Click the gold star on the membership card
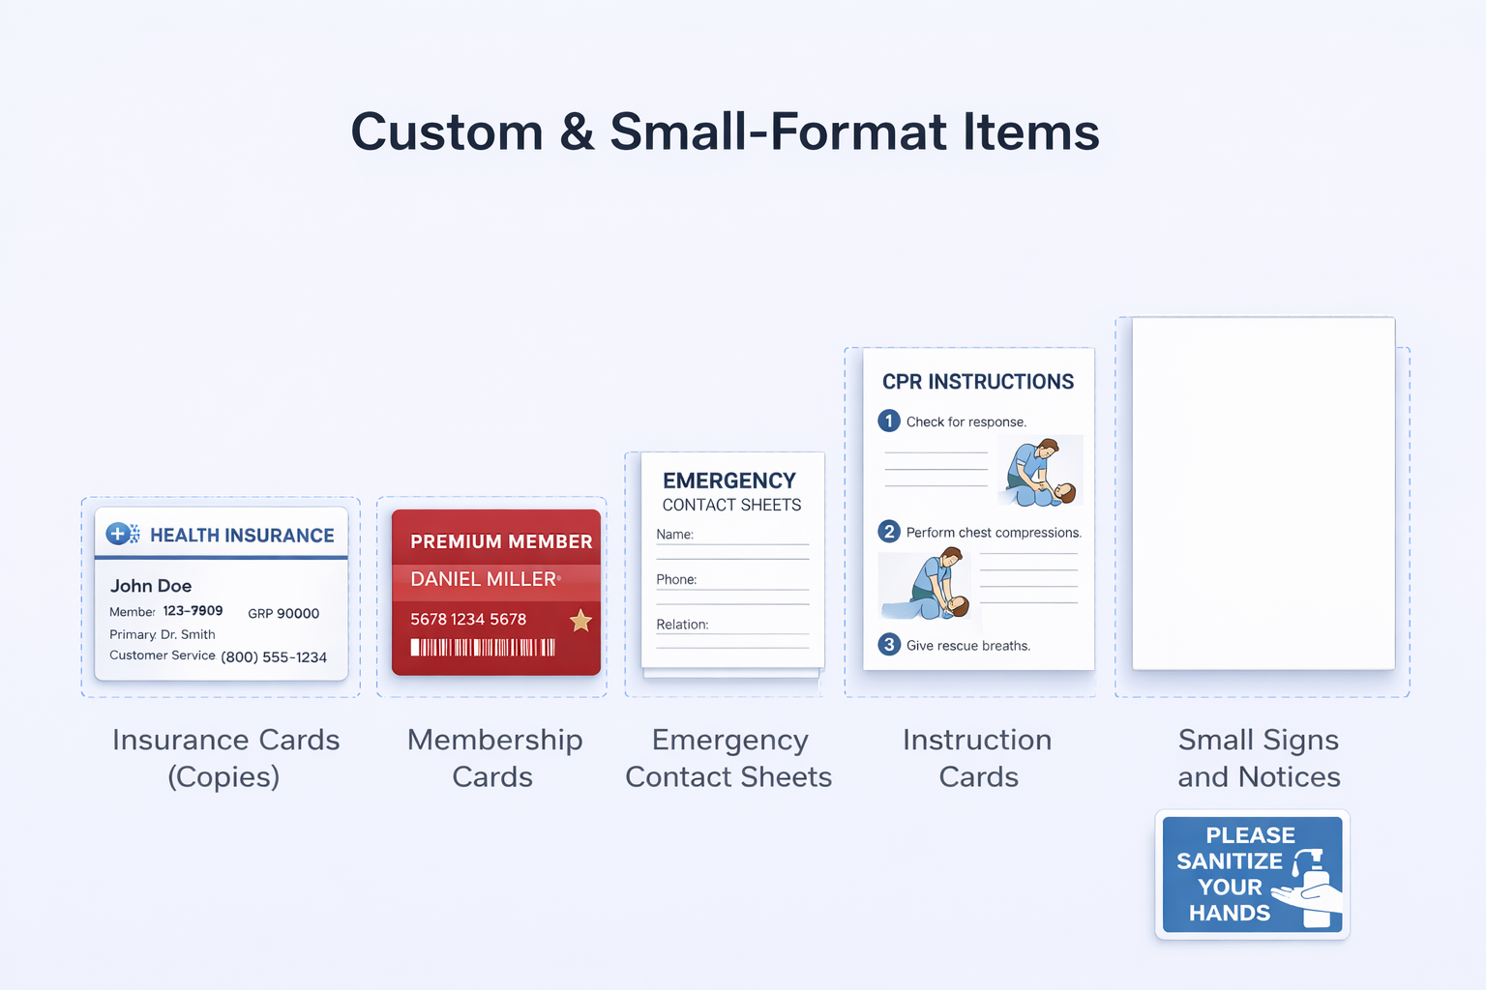pyautogui.click(x=580, y=621)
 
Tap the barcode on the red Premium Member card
pyautogui.click(x=483, y=648)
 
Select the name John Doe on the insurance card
pyautogui.click(x=151, y=586)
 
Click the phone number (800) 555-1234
pyautogui.click(x=274, y=657)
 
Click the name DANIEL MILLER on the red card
pyautogui.click(x=483, y=579)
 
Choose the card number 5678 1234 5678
pyautogui.click(x=468, y=620)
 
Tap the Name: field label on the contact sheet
pyautogui.click(x=674, y=535)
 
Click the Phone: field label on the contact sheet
pyautogui.click(x=676, y=579)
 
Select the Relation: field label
pyautogui.click(x=682, y=625)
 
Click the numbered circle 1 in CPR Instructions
pyautogui.click(x=889, y=422)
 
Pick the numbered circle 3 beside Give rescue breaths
pyautogui.click(x=889, y=645)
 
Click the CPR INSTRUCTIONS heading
pyautogui.click(x=978, y=382)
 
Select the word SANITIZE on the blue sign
pyautogui.click(x=1230, y=860)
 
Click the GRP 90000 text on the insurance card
pyautogui.click(x=283, y=613)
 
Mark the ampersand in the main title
pyautogui.click(x=577, y=131)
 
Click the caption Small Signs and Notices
pyautogui.click(x=1259, y=758)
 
